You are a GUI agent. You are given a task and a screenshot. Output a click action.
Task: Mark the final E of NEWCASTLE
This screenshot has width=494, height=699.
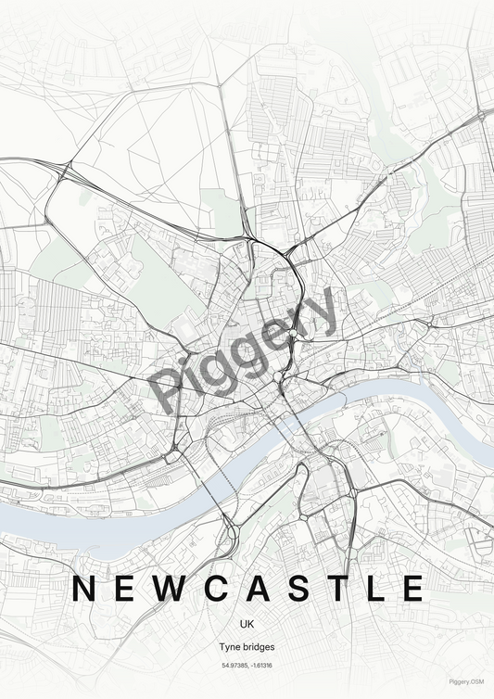pyautogui.click(x=414, y=588)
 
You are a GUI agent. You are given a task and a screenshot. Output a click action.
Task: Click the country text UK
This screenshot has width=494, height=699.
pyautogui.click(x=247, y=623)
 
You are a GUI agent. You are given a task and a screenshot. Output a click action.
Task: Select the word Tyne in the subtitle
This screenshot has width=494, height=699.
pyautogui.click(x=229, y=646)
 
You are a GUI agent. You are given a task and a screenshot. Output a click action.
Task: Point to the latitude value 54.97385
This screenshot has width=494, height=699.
pyautogui.click(x=234, y=666)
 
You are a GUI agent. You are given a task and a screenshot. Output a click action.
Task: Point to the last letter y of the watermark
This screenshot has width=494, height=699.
pyautogui.click(x=323, y=310)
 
